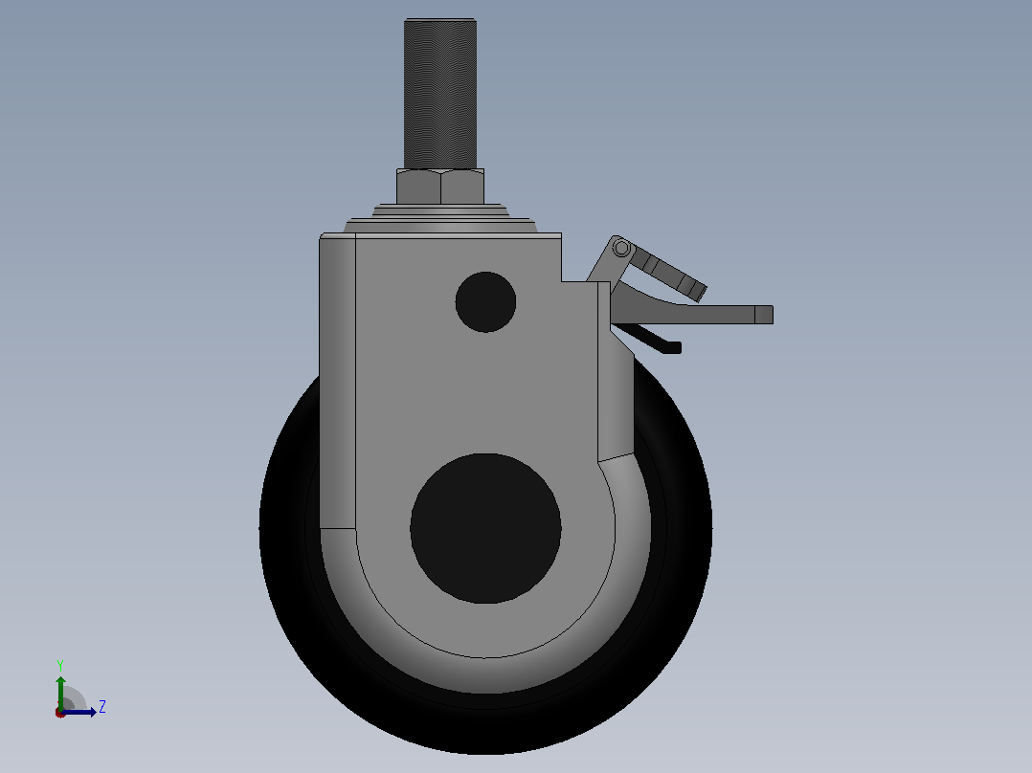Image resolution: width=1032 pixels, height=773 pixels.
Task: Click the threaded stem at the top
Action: point(439,94)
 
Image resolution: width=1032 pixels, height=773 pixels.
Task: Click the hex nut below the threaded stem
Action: point(440,187)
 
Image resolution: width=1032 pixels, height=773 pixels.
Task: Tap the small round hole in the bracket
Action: point(485,302)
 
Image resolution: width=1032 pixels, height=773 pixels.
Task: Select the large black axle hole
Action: point(485,528)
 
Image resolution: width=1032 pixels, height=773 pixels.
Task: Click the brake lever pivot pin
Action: point(621,248)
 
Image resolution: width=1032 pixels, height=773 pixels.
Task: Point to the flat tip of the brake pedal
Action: point(764,315)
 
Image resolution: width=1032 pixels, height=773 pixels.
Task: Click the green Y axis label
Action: point(60,665)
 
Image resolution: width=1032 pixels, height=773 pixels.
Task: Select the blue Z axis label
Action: point(102,707)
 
